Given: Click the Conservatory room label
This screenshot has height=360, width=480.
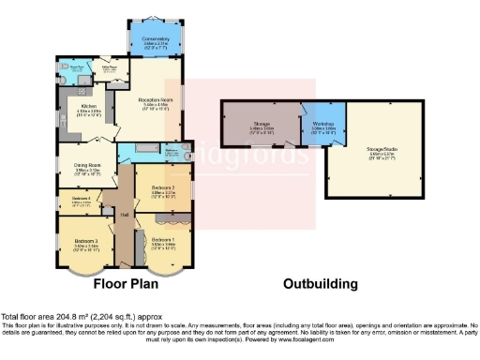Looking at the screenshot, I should (156, 38).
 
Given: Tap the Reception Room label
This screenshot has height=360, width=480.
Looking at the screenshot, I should (156, 101).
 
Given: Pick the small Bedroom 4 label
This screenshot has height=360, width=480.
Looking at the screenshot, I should (81, 199).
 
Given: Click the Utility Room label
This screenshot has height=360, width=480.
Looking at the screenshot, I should (109, 67).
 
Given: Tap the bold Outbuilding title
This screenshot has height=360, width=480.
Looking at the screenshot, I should (320, 284).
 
